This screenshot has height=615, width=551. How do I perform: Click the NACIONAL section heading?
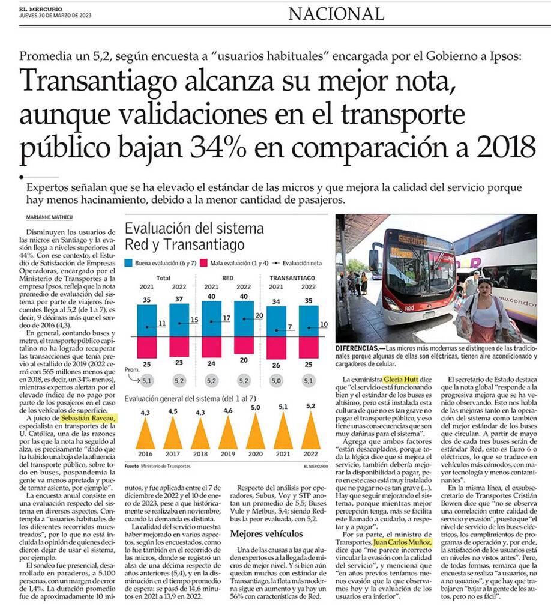336,14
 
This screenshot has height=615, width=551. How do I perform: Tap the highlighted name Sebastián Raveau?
89,419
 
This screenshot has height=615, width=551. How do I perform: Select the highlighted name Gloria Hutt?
401,380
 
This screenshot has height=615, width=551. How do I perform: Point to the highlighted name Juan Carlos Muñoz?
403,542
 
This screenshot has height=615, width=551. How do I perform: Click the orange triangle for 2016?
145,433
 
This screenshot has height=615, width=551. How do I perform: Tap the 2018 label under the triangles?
200,454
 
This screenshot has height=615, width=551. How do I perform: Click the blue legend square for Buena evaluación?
128,263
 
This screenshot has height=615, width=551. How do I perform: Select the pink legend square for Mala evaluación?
203,263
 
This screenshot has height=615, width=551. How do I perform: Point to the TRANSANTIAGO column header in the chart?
292,278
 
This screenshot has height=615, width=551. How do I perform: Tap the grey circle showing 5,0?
276,381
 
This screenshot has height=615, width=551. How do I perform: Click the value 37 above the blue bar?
179,299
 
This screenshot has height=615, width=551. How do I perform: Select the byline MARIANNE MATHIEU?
49,217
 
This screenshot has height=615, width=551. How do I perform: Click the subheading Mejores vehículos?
266,534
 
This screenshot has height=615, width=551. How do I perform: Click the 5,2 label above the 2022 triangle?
311,406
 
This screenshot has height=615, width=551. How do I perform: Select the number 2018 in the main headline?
505,147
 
